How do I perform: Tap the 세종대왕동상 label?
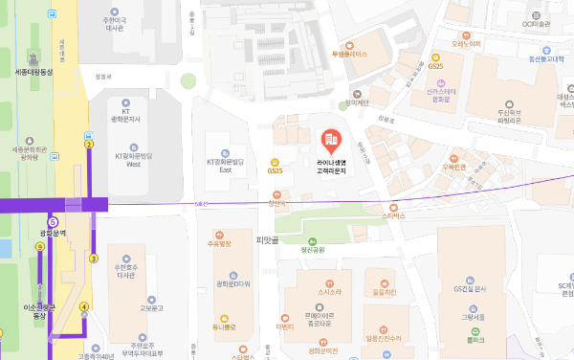click(x=37, y=72)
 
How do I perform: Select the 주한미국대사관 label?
click(x=115, y=23)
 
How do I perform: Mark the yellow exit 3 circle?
click(x=94, y=259)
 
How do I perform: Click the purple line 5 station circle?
click(x=53, y=222)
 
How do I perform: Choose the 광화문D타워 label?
click(x=232, y=283)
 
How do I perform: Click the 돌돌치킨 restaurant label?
click(x=385, y=292)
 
